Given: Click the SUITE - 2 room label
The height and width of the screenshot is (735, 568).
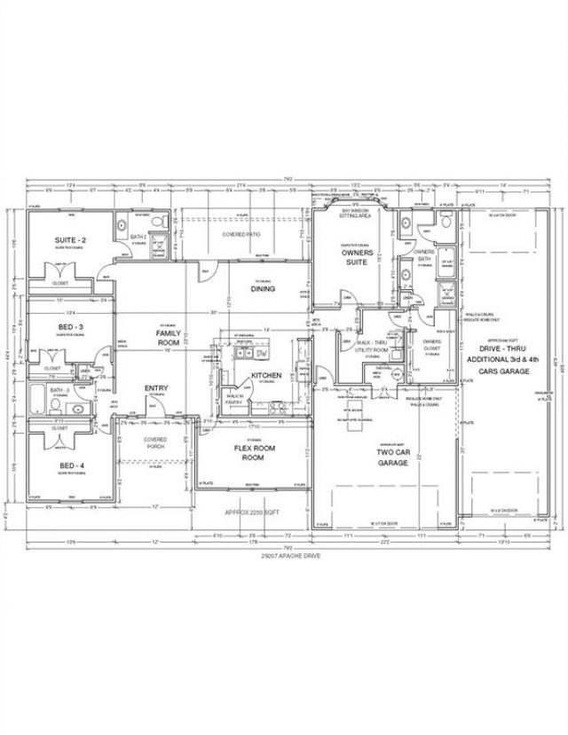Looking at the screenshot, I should [x=70, y=240].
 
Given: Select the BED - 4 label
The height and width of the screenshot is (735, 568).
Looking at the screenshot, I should [x=70, y=465].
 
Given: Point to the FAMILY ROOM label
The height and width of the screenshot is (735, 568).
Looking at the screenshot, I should [x=168, y=336].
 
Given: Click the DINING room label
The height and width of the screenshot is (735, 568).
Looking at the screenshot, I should [x=263, y=288].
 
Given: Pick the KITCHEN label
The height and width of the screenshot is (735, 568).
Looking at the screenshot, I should [x=265, y=375].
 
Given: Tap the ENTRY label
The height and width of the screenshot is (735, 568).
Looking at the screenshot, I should [x=157, y=387].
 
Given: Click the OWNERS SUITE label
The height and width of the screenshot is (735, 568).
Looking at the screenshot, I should [x=356, y=257].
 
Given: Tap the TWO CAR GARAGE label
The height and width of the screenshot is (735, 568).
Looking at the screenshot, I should [x=391, y=457].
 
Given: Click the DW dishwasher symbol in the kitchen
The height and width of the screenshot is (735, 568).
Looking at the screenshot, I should [x=262, y=354].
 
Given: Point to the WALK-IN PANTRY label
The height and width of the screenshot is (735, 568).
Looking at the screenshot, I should [x=234, y=400].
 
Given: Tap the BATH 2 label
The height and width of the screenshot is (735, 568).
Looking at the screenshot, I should [x=138, y=237].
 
